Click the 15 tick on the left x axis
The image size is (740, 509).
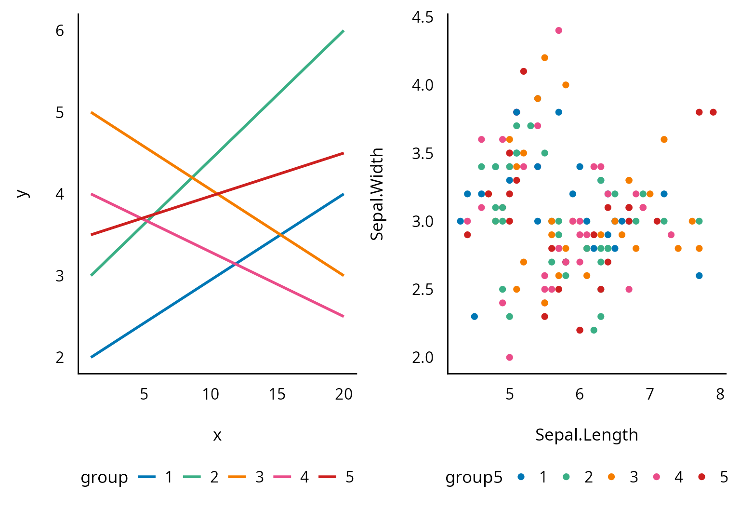[277, 394]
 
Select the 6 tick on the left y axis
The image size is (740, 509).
[60, 31]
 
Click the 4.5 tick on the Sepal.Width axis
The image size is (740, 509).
[423, 17]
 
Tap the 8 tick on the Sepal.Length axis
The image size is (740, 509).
[720, 394]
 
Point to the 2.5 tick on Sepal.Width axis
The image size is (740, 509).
[423, 289]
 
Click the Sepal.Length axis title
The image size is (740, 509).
[586, 435]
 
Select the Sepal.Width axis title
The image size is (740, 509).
[377, 194]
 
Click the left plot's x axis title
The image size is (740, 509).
[217, 435]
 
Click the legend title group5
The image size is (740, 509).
[474, 477]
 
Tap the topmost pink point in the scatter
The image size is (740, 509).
[558, 30]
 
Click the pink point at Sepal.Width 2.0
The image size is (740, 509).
[509, 357]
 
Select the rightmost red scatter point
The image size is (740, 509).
[713, 112]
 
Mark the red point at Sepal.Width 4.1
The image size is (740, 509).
[524, 71]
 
